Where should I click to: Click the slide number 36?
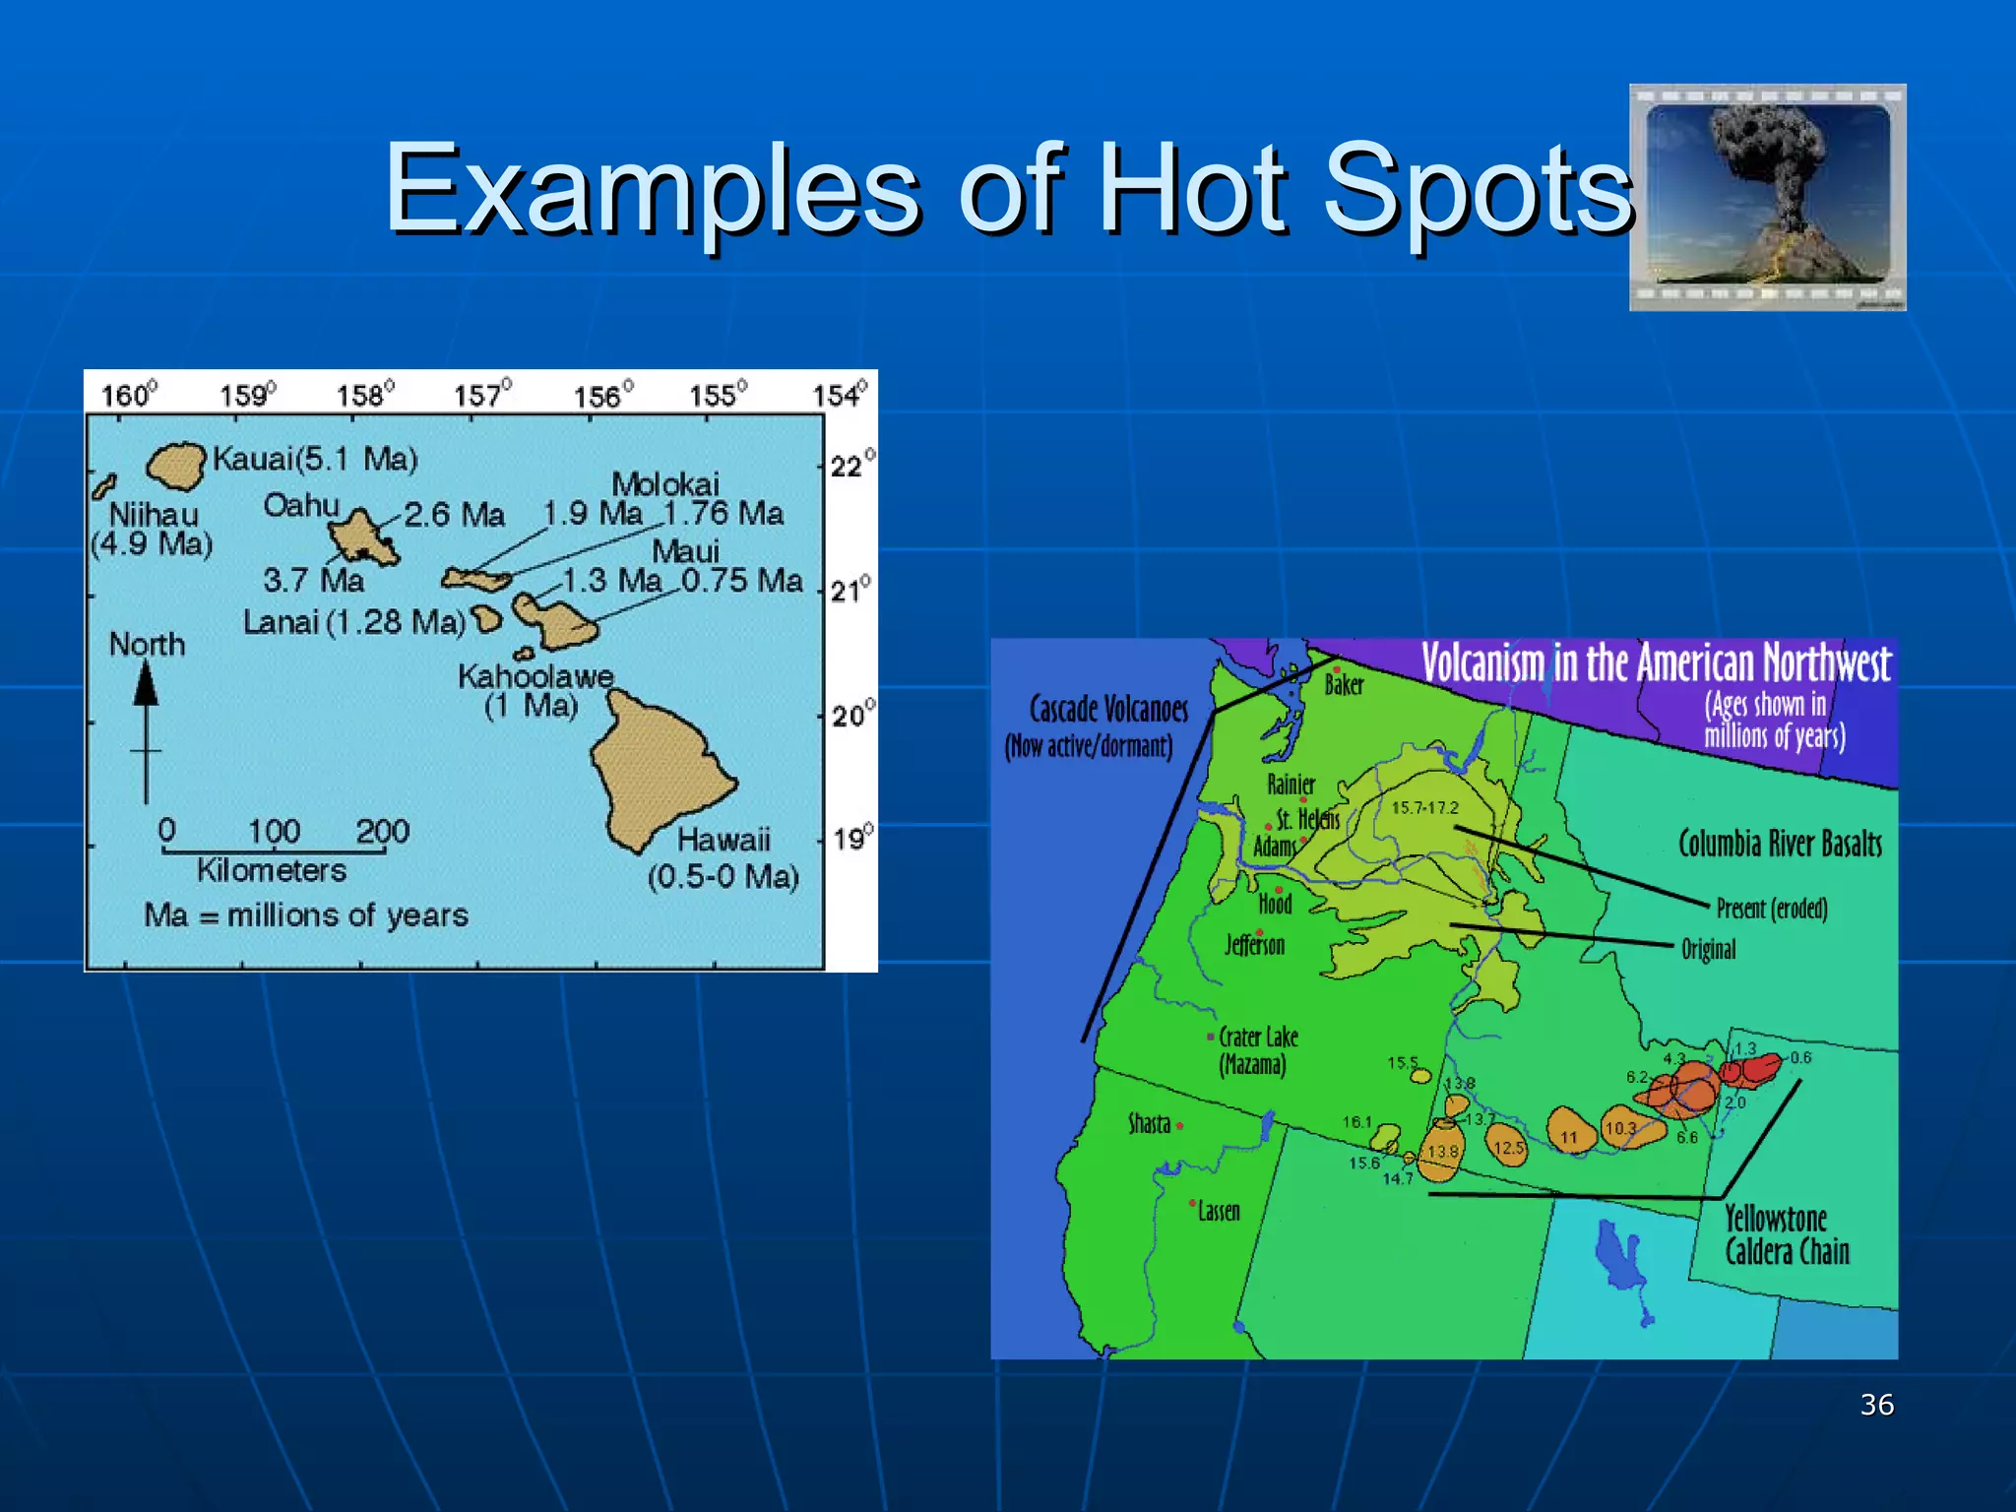click(x=1876, y=1405)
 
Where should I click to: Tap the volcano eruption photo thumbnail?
click(x=1767, y=197)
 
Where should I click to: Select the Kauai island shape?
click(x=177, y=465)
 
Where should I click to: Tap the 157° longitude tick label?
click(x=482, y=395)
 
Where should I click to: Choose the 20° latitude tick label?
click(x=851, y=715)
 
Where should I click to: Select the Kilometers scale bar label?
click(x=272, y=870)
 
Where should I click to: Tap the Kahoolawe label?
click(x=535, y=676)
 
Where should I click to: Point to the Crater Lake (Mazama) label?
click(x=1257, y=1050)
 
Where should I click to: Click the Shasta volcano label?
click(x=1149, y=1123)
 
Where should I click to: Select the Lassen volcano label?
click(x=1219, y=1211)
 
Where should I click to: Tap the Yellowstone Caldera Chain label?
click(x=1787, y=1235)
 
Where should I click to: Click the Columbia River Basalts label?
click(x=1780, y=844)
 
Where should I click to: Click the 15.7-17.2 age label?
click(x=1424, y=808)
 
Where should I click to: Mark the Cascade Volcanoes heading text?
click(x=1108, y=709)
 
